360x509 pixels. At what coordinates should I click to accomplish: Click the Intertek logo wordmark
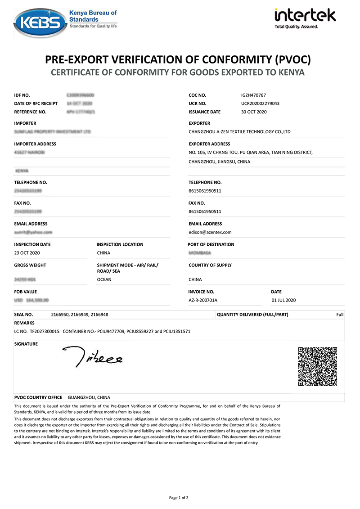pyautogui.click(x=305, y=16)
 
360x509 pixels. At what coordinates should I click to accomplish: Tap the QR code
pyautogui.click(x=318, y=366)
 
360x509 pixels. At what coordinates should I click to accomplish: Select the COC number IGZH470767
pyautogui.click(x=253, y=95)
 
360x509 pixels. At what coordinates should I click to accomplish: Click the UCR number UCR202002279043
pyautogui.click(x=260, y=104)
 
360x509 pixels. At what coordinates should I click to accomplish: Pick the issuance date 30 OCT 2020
pyautogui.click(x=254, y=112)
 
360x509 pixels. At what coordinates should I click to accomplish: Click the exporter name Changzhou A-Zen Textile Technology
pyautogui.click(x=239, y=132)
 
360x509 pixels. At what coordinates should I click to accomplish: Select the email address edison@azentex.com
pyautogui.click(x=210, y=232)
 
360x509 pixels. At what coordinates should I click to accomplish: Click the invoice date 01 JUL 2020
pyautogui.click(x=283, y=300)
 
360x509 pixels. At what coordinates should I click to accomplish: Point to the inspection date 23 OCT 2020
pyautogui.click(x=30, y=253)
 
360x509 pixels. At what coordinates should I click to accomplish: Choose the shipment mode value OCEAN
pyautogui.click(x=104, y=279)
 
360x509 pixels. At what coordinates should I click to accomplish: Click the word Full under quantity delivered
pyautogui.click(x=340, y=315)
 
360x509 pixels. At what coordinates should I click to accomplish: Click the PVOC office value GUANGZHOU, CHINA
pyautogui.click(x=89, y=398)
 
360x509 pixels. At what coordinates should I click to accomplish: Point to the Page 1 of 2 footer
pyautogui.click(x=179, y=497)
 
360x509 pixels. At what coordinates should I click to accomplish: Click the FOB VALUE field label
pyautogui.click(x=26, y=292)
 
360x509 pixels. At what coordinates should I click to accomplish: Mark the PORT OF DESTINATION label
pyautogui.click(x=211, y=244)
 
